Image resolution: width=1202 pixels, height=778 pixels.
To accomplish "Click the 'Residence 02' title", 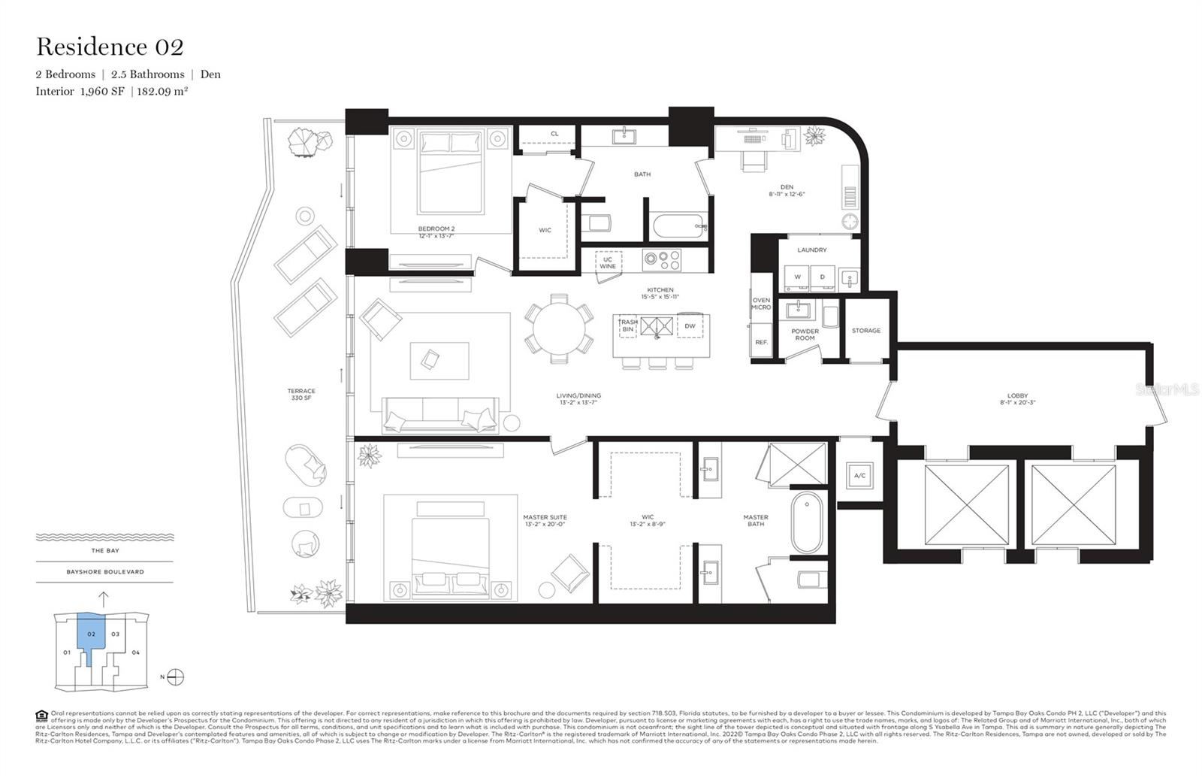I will [x=110, y=47].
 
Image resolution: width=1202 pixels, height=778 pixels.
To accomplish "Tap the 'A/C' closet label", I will [x=860, y=476].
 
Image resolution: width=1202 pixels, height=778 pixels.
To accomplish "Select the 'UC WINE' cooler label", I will [x=608, y=263].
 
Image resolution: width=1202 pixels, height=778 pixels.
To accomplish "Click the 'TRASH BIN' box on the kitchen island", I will [x=627, y=325].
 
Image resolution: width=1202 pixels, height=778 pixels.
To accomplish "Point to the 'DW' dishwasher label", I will [x=690, y=325].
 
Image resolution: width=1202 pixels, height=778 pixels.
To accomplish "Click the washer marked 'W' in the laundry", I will [x=797, y=277].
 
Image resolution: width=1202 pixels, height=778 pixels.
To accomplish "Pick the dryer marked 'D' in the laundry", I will [x=822, y=277].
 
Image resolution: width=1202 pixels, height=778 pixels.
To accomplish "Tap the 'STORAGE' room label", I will [x=866, y=331].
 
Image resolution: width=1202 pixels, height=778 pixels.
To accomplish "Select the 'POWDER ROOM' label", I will [x=805, y=335].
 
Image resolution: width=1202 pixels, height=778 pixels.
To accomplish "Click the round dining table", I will [x=560, y=329].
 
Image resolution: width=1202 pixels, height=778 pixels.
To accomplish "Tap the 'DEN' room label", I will [x=787, y=187].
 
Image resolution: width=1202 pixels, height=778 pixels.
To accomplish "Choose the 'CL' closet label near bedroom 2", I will [x=554, y=134].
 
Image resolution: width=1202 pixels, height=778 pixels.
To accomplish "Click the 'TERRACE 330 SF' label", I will [x=301, y=394].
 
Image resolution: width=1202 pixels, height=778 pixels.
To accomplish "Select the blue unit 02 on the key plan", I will [x=92, y=634].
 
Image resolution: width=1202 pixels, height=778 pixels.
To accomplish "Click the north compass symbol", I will [x=175, y=677].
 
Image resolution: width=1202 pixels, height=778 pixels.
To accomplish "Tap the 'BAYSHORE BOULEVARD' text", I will [x=104, y=572].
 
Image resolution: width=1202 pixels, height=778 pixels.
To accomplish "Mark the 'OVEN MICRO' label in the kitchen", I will [x=761, y=304].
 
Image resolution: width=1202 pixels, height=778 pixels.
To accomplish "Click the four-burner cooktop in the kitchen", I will [x=662, y=260].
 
